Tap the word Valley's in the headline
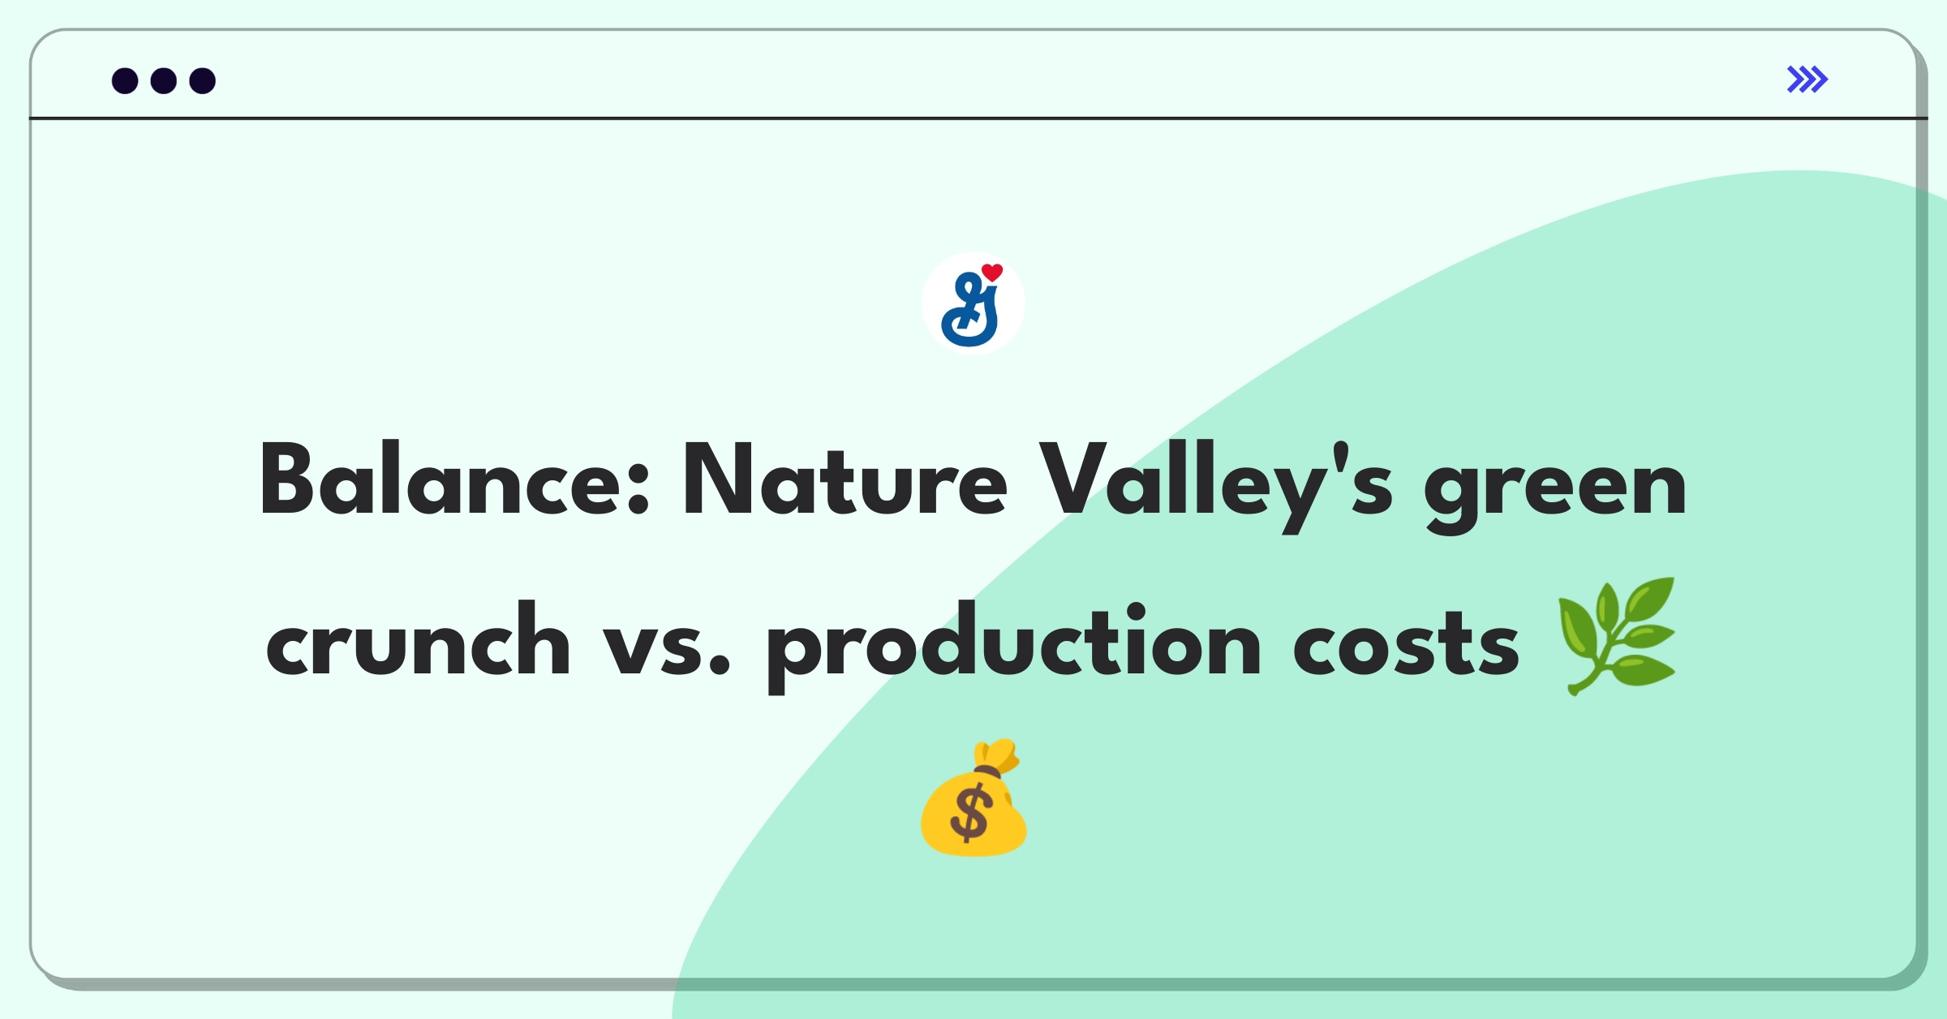[1216, 485]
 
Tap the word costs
[1406, 645]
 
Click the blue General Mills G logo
[970, 309]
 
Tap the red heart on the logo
[992, 273]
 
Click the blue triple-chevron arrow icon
[1807, 80]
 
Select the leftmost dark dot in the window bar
[125, 81]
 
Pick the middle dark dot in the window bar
[164, 81]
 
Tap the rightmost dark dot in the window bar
[203, 81]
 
